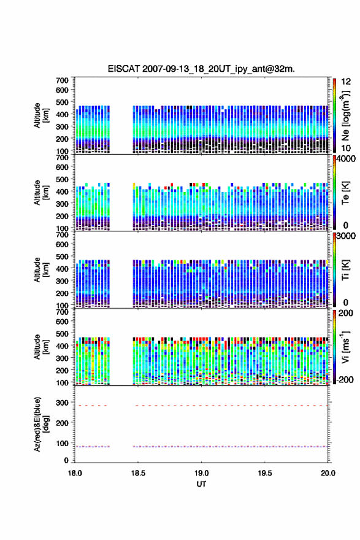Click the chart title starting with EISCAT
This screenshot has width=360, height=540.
(201, 69)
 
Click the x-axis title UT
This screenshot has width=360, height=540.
(201, 484)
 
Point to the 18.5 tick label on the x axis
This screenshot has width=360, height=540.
(138, 473)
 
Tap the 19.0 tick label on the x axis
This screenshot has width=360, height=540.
(201, 473)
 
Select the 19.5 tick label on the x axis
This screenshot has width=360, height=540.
(265, 473)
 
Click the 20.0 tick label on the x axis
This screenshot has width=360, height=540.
(328, 473)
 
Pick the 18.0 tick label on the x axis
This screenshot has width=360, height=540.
(75, 473)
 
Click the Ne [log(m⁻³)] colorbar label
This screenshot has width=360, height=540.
(345, 116)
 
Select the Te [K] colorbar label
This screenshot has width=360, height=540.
(345, 193)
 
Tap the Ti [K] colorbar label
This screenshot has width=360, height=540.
(345, 269)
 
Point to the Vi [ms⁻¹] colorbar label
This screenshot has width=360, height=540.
(345, 347)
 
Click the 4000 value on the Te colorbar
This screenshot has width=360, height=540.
(345, 160)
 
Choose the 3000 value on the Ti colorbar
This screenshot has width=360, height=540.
(345, 236)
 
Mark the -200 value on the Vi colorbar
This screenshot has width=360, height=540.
(344, 379)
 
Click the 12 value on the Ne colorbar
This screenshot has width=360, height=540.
(346, 82)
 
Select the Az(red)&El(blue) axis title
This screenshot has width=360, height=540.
(41, 424)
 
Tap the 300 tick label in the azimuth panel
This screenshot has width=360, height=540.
(62, 403)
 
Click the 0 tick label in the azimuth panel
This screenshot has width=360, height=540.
(66, 460)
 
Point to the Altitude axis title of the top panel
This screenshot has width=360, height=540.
(41, 115)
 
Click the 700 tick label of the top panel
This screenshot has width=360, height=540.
(62, 80)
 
